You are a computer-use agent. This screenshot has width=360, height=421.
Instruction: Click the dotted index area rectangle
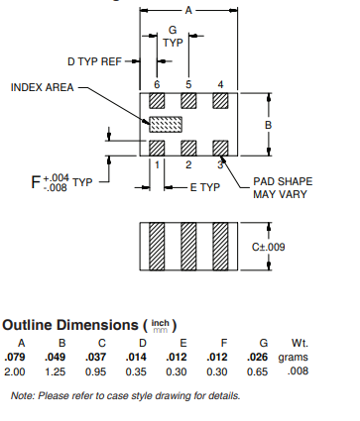166,125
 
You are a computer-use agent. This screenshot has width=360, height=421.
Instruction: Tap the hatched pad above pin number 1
157,148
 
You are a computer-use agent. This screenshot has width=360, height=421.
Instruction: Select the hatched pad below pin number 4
220,101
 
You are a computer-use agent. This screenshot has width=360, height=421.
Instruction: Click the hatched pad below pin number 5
188,101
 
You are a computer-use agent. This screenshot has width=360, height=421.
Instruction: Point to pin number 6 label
157,84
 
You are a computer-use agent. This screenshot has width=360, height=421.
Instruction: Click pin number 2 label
188,164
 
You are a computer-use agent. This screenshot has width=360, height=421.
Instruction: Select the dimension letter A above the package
188,11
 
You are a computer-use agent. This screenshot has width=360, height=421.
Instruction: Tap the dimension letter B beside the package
269,125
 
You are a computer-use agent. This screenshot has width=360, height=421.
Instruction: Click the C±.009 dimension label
268,247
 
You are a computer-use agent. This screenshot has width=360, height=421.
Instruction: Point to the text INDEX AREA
42,87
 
